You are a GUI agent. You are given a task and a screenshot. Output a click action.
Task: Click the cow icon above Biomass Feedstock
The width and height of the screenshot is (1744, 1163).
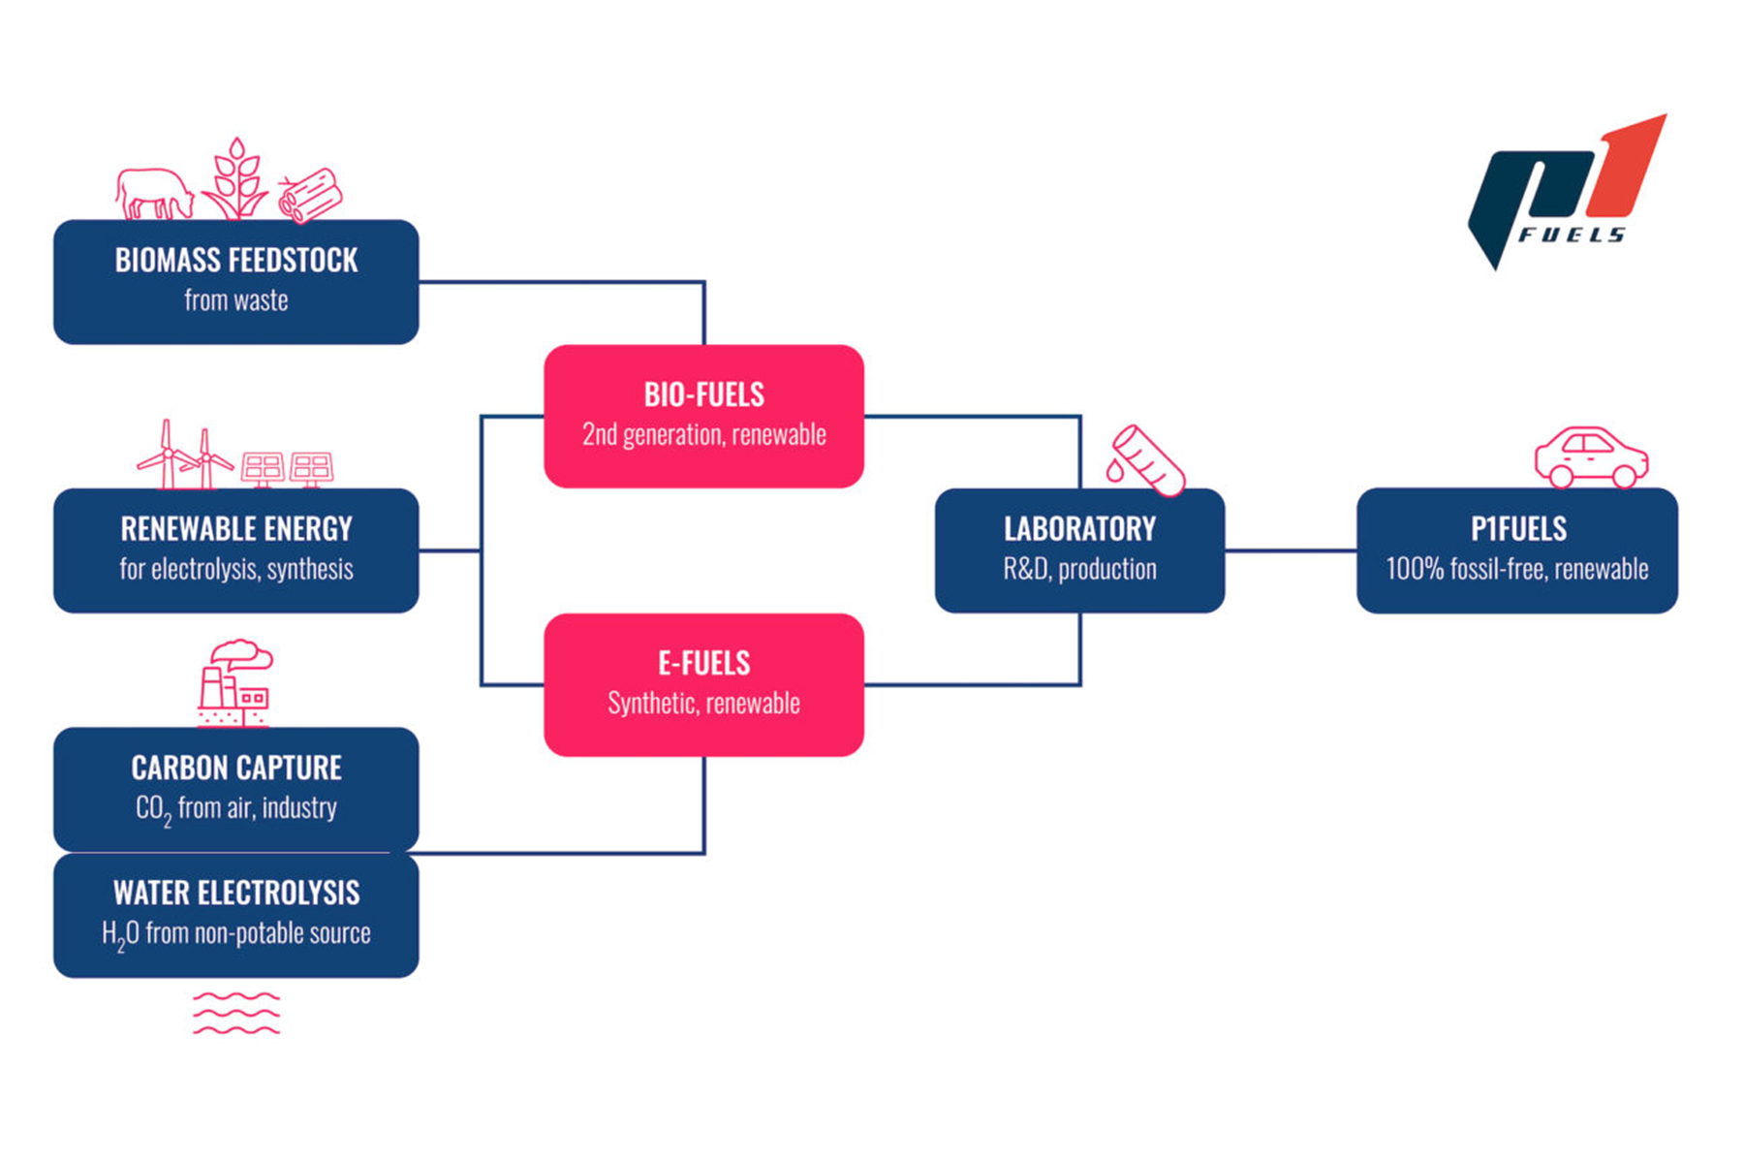pyautogui.click(x=154, y=193)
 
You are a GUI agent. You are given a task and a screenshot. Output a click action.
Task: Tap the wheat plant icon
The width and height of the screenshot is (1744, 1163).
pyautogui.click(x=235, y=181)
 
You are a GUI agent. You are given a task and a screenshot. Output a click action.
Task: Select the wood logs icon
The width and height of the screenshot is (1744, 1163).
pyautogui.click(x=310, y=195)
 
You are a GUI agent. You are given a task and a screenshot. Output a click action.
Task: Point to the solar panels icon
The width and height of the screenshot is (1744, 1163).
pyautogui.click(x=287, y=468)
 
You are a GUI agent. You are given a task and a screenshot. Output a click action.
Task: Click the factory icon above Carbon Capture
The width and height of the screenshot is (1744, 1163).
pyautogui.click(x=234, y=682)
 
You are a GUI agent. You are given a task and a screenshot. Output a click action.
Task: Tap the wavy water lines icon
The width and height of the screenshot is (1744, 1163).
pyautogui.click(x=236, y=1013)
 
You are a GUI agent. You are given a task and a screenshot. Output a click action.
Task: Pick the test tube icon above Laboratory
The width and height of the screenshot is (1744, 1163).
pyautogui.click(x=1147, y=460)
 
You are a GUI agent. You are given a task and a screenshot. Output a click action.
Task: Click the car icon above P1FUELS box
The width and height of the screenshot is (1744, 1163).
pyautogui.click(x=1591, y=457)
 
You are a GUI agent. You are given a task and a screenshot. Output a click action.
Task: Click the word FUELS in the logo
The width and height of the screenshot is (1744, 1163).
pyautogui.click(x=1572, y=236)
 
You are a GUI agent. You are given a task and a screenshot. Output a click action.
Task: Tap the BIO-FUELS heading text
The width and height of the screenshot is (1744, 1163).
pyautogui.click(x=704, y=395)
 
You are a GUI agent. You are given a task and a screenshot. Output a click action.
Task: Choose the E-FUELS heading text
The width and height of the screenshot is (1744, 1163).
pyautogui.click(x=704, y=664)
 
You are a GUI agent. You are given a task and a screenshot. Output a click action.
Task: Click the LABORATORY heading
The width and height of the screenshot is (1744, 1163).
pyautogui.click(x=1079, y=529)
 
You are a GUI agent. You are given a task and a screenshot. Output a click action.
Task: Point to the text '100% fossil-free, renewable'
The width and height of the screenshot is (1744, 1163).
pyautogui.click(x=1516, y=569)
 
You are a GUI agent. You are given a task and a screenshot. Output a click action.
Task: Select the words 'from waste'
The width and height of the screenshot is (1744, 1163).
pyautogui.click(x=236, y=300)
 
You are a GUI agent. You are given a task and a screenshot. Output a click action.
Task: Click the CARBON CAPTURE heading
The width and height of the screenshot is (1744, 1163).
pyautogui.click(x=236, y=769)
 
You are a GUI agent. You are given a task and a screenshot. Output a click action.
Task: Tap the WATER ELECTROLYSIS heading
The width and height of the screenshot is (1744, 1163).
pyautogui.click(x=236, y=893)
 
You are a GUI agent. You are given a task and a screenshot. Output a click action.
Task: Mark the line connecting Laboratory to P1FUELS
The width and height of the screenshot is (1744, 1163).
pyautogui.click(x=1291, y=550)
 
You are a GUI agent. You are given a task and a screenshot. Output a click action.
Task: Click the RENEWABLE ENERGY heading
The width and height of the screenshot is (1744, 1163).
pyautogui.click(x=236, y=529)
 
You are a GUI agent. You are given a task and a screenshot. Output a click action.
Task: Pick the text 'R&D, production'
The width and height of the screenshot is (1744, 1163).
pyautogui.click(x=1079, y=569)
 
